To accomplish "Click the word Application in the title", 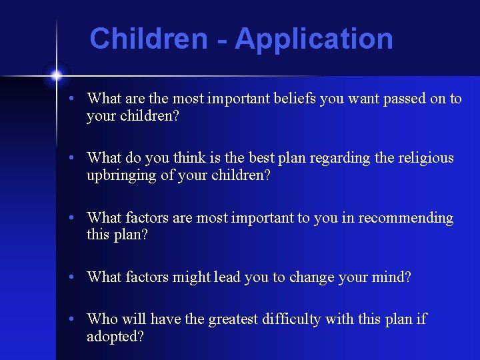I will click(x=313, y=39).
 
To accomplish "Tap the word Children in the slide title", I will click(x=149, y=39).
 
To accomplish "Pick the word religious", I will click(x=424, y=158).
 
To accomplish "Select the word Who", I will click(x=101, y=319).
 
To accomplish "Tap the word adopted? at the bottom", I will click(x=115, y=336).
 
